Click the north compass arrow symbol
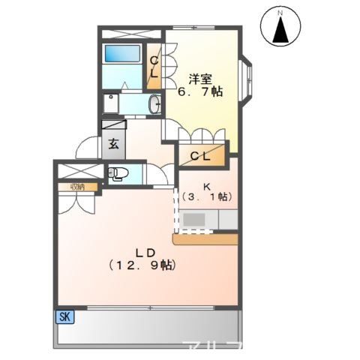[280, 31]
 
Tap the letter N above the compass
[280, 13]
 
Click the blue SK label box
[64, 317]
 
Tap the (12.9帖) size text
[142, 265]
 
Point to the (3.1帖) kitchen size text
[206, 196]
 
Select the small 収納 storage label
[77, 187]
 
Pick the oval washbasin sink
[154, 104]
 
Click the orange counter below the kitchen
[205, 239]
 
